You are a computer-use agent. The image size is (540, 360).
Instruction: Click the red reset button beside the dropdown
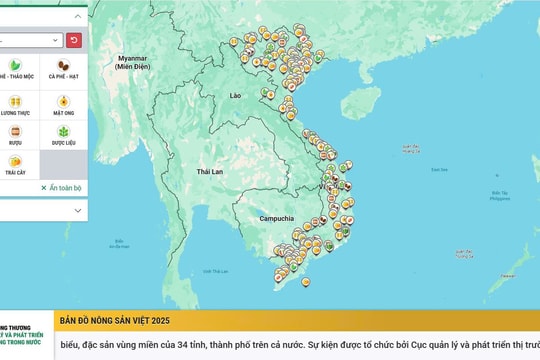(x=74, y=40)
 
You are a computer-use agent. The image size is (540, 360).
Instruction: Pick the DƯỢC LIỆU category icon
(x=64, y=132)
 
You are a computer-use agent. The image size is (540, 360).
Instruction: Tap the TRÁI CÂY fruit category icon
(x=16, y=161)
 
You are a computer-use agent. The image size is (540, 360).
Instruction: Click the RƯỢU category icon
(x=16, y=132)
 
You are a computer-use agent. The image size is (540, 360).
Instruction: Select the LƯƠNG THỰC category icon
(x=16, y=101)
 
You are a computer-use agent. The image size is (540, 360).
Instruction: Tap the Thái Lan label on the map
(x=209, y=171)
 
